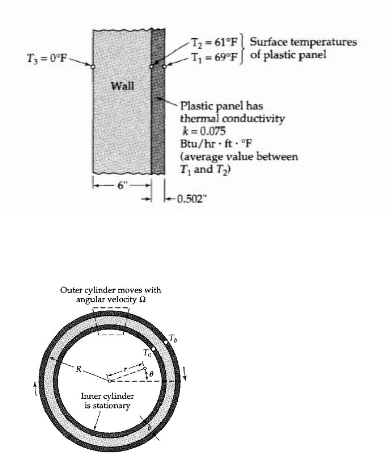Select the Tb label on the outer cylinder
[175, 337]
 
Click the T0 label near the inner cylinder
[147, 352]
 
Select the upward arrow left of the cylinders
[34, 390]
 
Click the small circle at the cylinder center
[109, 380]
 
